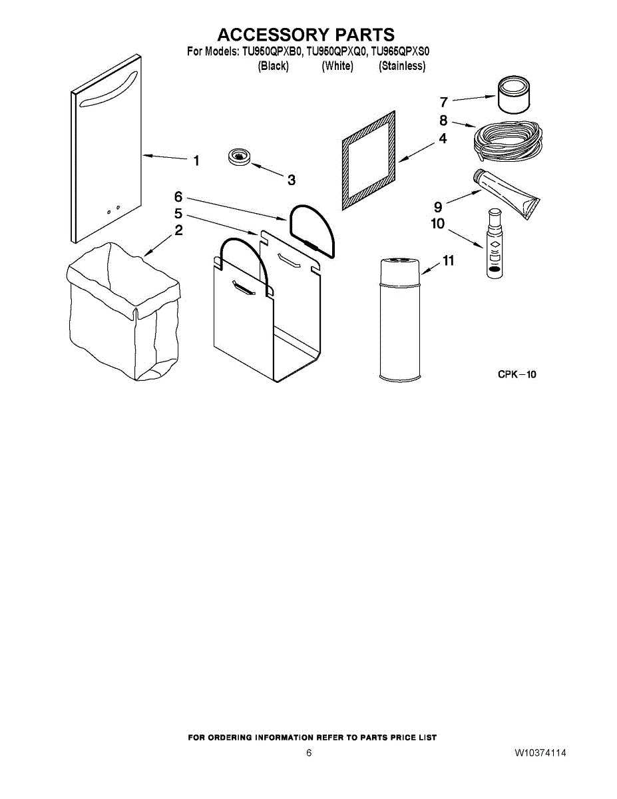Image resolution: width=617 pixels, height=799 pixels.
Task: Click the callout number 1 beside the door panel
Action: pyautogui.click(x=196, y=160)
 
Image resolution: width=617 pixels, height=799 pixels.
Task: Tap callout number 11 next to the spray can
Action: pyautogui.click(x=449, y=261)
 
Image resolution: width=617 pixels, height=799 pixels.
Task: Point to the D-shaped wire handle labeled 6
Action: pyautogui.click(x=313, y=230)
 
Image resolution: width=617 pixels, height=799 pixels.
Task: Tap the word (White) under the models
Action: pyautogui.click(x=337, y=66)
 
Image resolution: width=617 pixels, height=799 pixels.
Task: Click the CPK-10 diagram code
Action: pyautogui.click(x=517, y=374)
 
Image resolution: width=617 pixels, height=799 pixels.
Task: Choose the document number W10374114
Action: pyautogui.click(x=540, y=753)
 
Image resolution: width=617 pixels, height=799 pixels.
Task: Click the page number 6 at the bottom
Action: pyautogui.click(x=309, y=753)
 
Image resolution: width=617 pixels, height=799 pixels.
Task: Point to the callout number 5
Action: pyautogui.click(x=178, y=214)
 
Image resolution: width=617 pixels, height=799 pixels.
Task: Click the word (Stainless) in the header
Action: pyautogui.click(x=402, y=66)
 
